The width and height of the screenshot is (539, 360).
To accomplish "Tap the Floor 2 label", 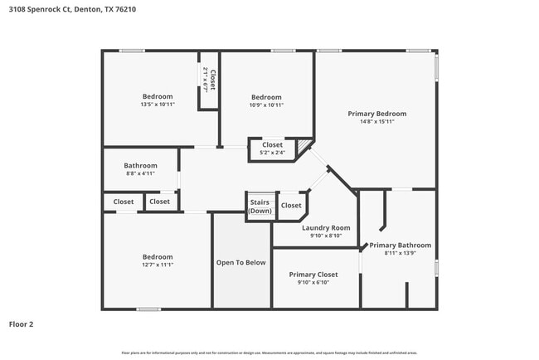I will [22, 324].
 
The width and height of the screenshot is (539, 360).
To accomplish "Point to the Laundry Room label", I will [325, 227].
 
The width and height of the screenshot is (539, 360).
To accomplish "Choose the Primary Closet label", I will [313, 274].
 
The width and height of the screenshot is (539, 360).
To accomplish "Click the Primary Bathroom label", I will [400, 245].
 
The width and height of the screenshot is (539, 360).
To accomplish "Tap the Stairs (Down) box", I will [260, 206].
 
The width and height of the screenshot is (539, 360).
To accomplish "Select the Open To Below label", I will [241, 262].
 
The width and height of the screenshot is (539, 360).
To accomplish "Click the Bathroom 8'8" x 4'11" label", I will [140, 168].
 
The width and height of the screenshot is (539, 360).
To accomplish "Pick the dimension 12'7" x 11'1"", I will [157, 265].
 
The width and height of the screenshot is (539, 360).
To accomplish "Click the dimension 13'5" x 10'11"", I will [157, 105].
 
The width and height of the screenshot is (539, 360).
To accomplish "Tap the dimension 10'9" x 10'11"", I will [266, 105].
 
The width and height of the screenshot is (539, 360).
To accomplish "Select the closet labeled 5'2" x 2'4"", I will [272, 148].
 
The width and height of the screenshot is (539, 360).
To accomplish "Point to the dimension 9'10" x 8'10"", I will [325, 236].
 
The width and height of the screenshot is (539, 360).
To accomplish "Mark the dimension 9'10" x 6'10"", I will [313, 282].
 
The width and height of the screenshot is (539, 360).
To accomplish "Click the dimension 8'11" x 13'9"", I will [400, 253].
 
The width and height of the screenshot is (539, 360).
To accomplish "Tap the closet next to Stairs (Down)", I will [291, 206].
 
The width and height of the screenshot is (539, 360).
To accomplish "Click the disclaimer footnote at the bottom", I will [269, 353].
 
